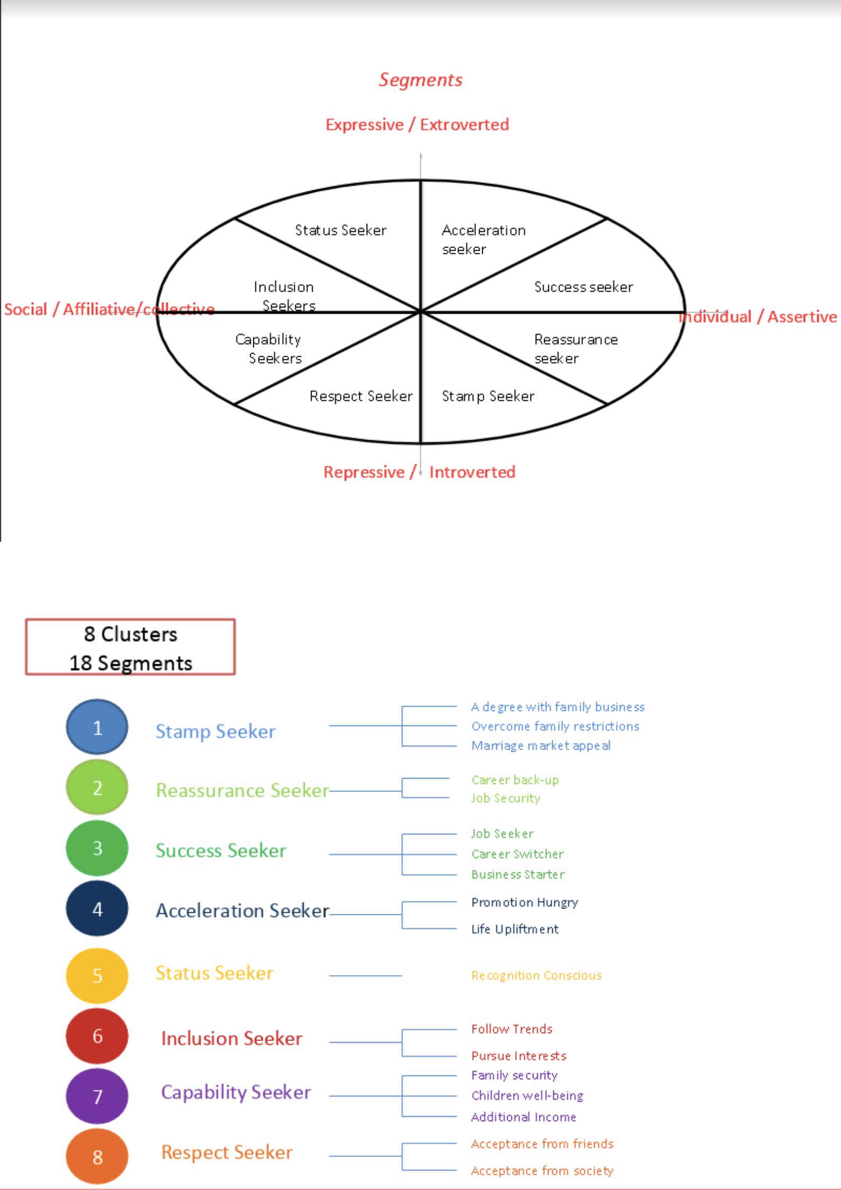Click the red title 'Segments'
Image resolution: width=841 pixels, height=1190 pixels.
coord(420,80)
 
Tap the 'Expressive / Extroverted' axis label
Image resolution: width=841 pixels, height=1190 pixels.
coord(417,125)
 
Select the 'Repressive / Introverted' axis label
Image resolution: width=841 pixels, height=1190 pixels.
coord(419,472)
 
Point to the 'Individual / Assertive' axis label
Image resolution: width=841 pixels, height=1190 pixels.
coord(758,316)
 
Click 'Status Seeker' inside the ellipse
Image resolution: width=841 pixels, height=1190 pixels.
coord(340,230)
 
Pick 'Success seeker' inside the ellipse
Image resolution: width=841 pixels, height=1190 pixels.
coord(583,287)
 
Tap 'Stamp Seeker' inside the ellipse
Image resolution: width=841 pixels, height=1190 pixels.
coord(488,396)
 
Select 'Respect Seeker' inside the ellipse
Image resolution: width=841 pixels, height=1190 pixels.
coord(361,396)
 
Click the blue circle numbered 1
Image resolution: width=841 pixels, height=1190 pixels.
coord(97,727)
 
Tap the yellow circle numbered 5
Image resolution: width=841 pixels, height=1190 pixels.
coord(97,975)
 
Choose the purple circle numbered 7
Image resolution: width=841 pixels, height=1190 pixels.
coord(97,1096)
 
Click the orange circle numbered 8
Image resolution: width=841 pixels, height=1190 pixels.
coord(97,1157)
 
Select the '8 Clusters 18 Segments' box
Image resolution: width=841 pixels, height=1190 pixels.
coord(130,647)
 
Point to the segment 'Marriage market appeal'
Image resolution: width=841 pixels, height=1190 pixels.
coord(541,745)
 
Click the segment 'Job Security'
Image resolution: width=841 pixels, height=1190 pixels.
coord(506,798)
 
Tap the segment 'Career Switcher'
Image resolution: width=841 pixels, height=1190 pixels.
coord(517,854)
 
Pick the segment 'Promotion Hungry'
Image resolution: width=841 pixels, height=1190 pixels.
coord(524,902)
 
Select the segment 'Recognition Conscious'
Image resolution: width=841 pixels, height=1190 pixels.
coord(536,975)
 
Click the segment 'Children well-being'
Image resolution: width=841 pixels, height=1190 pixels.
coord(527,1096)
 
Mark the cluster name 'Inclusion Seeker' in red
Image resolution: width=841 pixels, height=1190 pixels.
coord(232,1038)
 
